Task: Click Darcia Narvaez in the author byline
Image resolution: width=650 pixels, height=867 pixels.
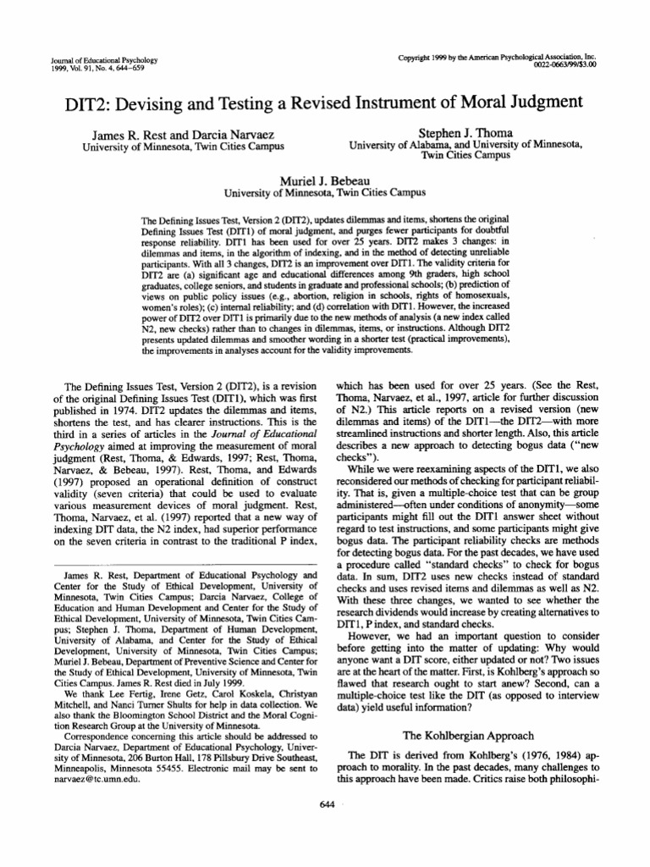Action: (234, 133)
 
